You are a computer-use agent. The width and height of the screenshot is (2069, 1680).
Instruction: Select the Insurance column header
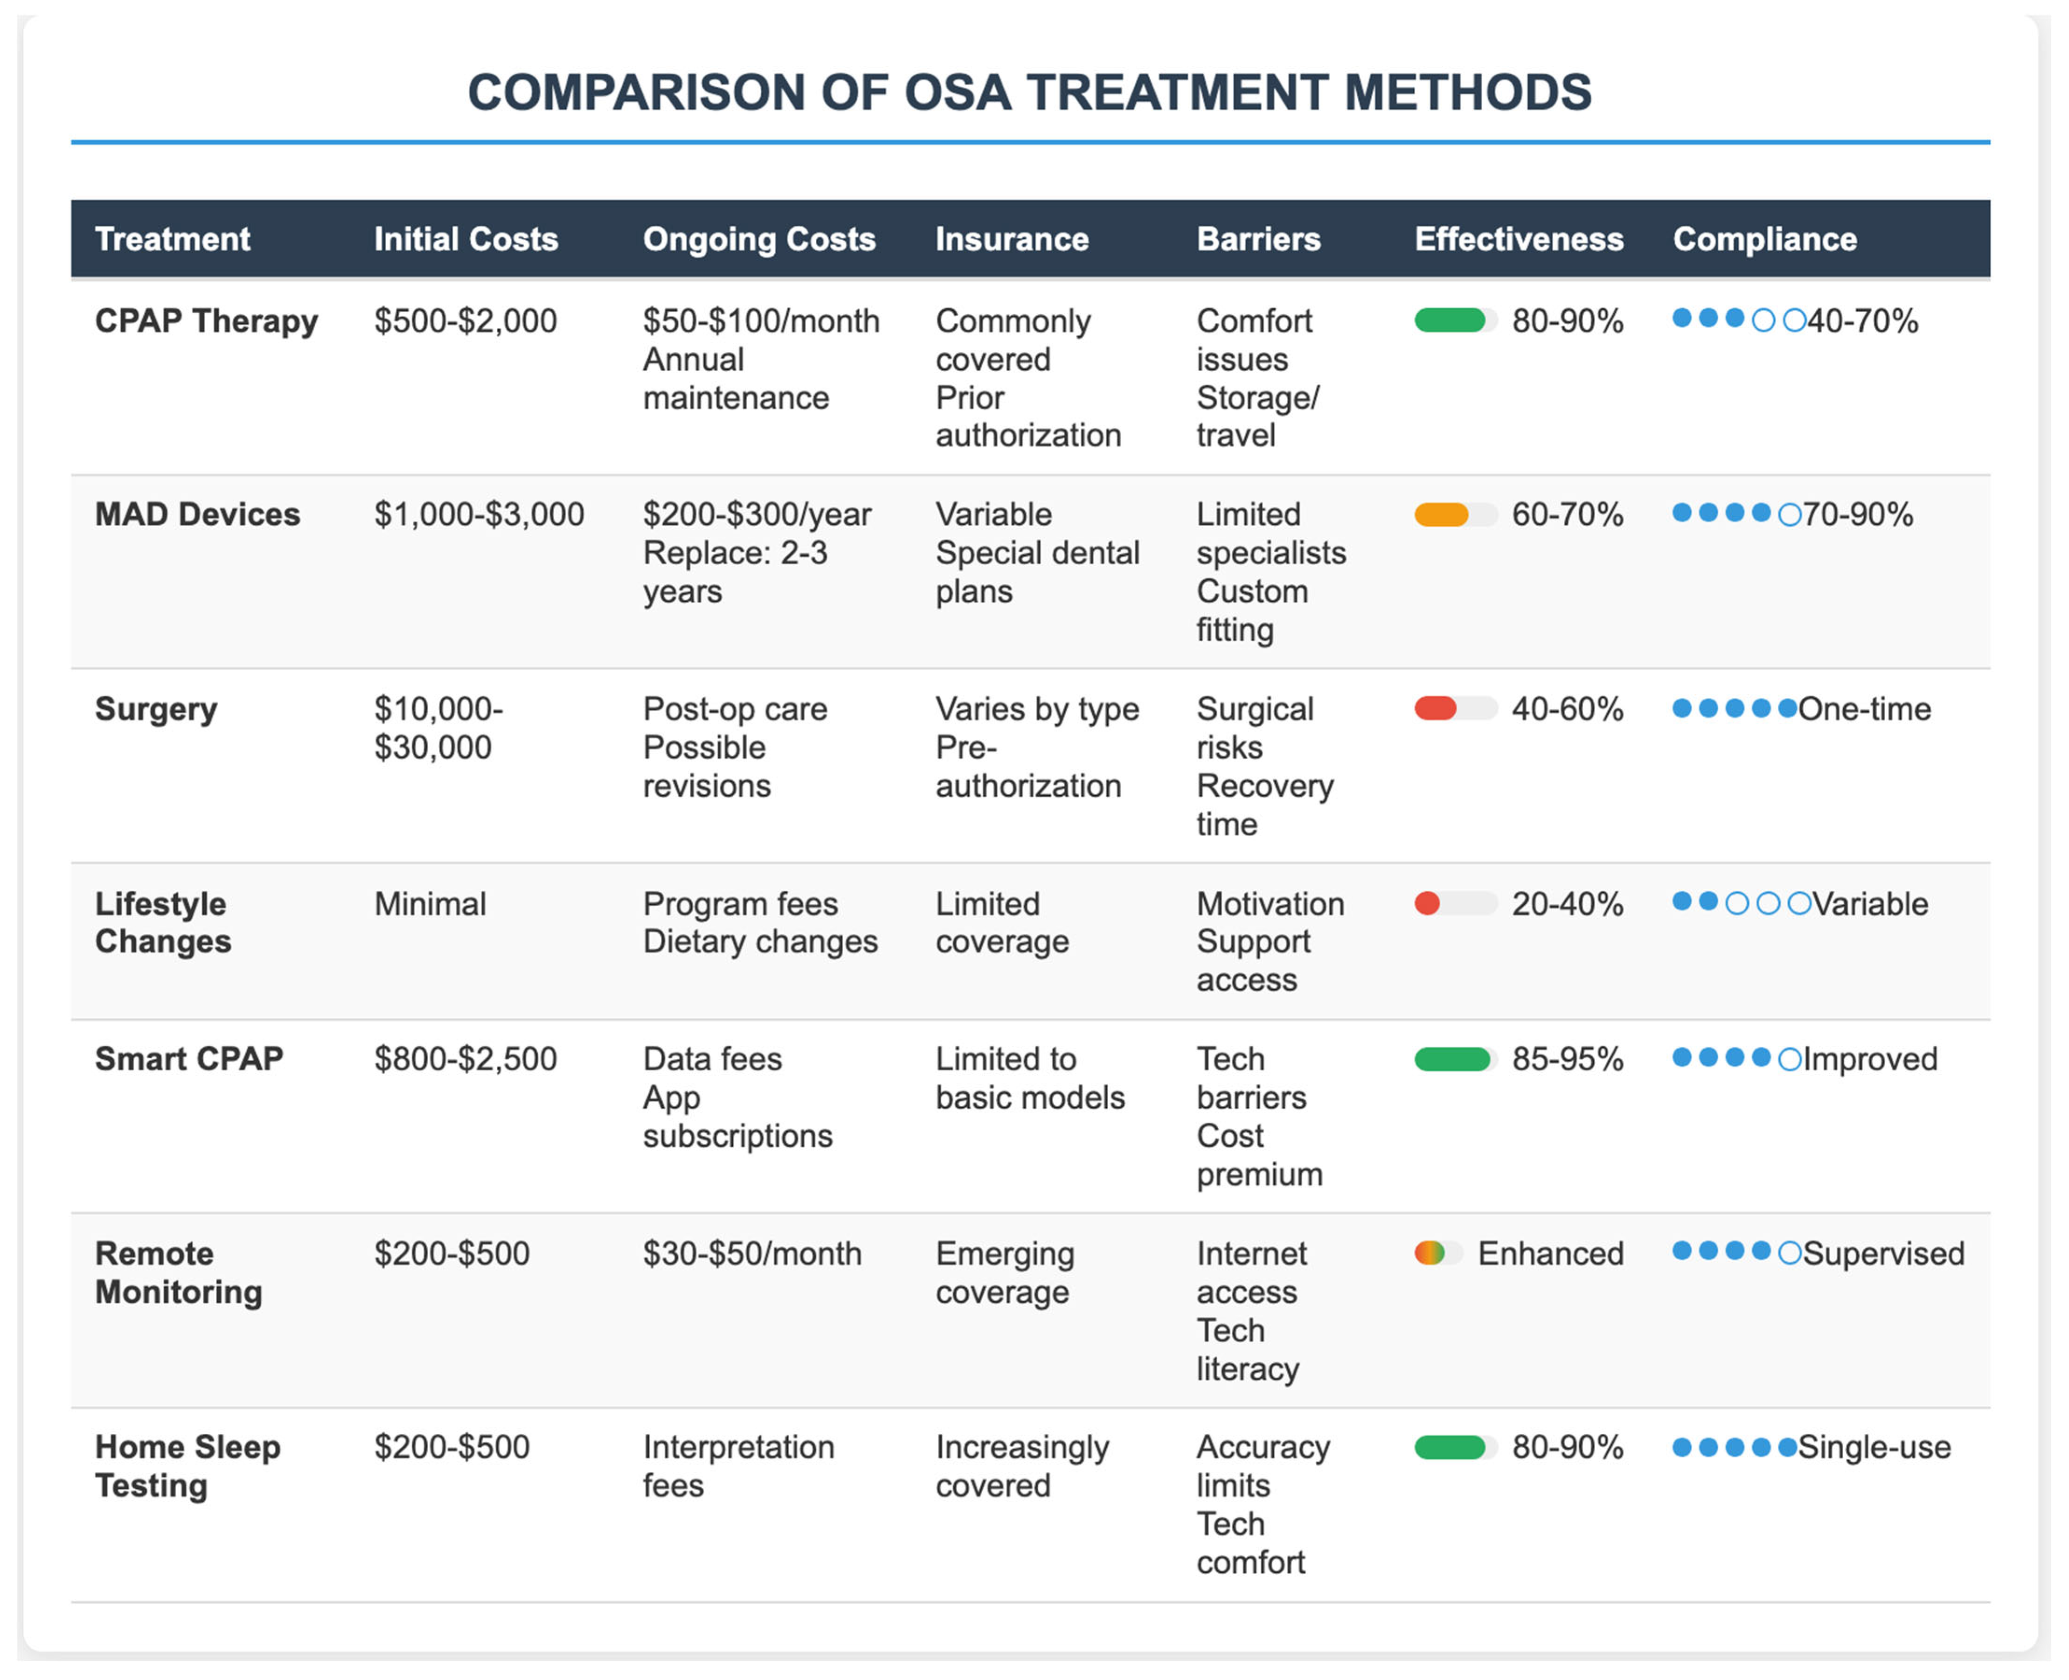pos(1011,239)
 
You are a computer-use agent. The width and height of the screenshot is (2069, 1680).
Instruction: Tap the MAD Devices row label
pos(197,514)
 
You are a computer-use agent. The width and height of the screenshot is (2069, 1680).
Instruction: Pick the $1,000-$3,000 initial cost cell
pos(479,514)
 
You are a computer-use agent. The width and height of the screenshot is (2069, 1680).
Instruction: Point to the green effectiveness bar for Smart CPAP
pos(1451,1059)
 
